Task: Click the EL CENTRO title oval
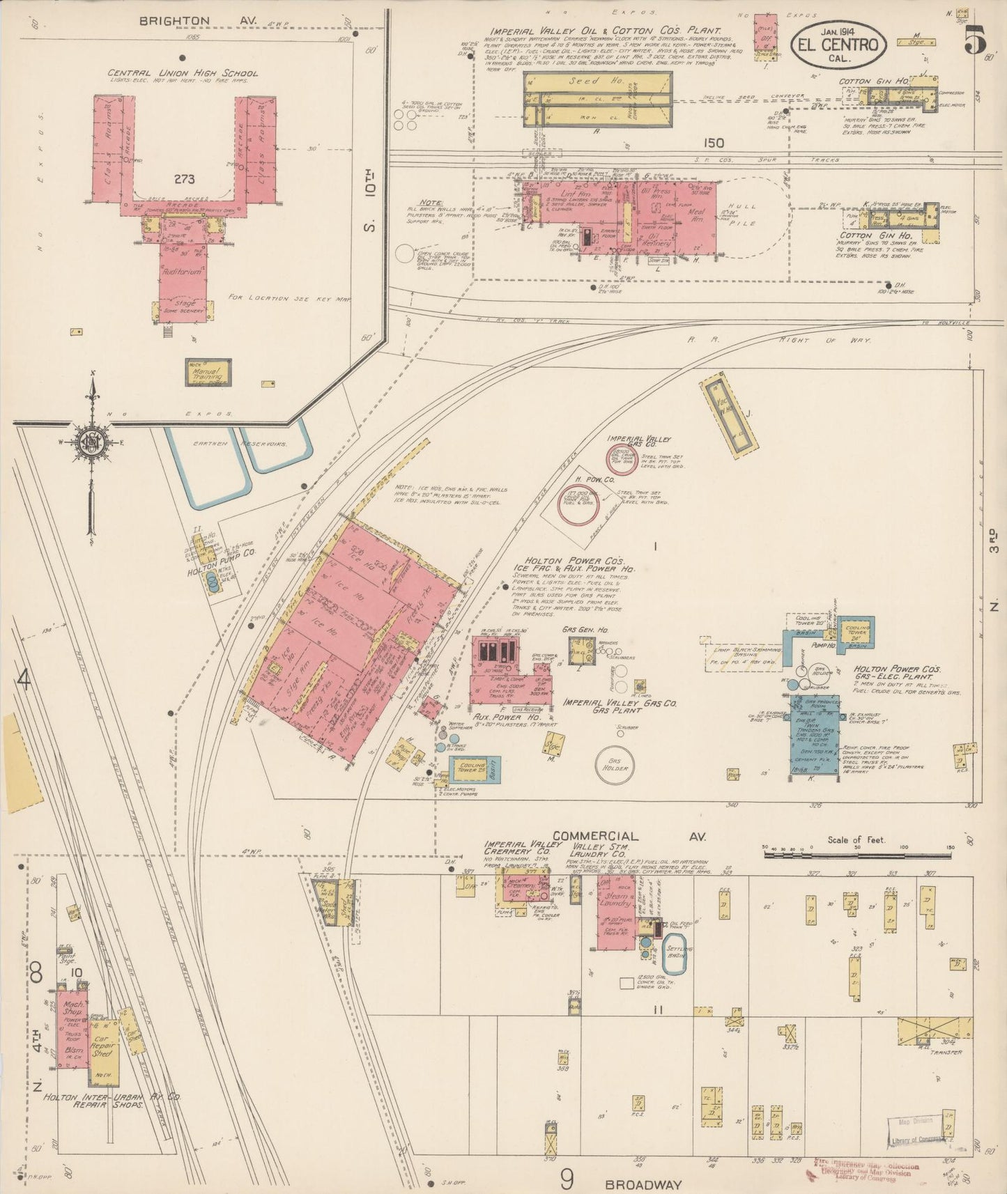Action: tap(838, 43)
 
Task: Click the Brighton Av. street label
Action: tap(198, 21)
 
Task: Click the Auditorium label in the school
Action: tap(183, 273)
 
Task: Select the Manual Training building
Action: tap(207, 373)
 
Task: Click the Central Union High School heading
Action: tap(182, 73)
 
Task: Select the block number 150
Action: tap(714, 143)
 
